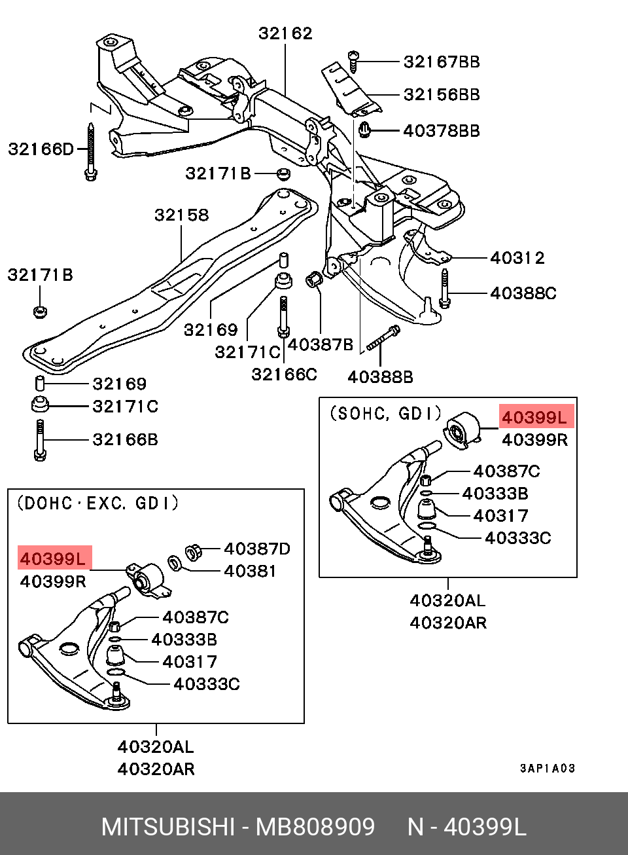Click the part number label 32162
pos(285,33)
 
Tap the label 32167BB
pos(442,62)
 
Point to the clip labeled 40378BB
pos(365,130)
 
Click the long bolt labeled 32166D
pos(90,152)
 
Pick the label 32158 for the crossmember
pos(181,215)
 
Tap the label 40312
pos(517,258)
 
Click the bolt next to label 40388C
pos(445,289)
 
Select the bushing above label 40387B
pos(315,280)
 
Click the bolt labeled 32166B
pos(40,440)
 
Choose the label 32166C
pos(284,374)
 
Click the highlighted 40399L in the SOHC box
pos(535,417)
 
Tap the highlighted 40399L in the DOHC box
pos(53,558)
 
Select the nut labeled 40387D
pos(194,552)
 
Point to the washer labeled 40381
pos(175,562)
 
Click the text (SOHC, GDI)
pos(386,414)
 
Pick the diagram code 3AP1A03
pos(548,769)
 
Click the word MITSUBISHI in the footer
pos(167,828)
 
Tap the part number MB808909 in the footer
pos(315,828)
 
